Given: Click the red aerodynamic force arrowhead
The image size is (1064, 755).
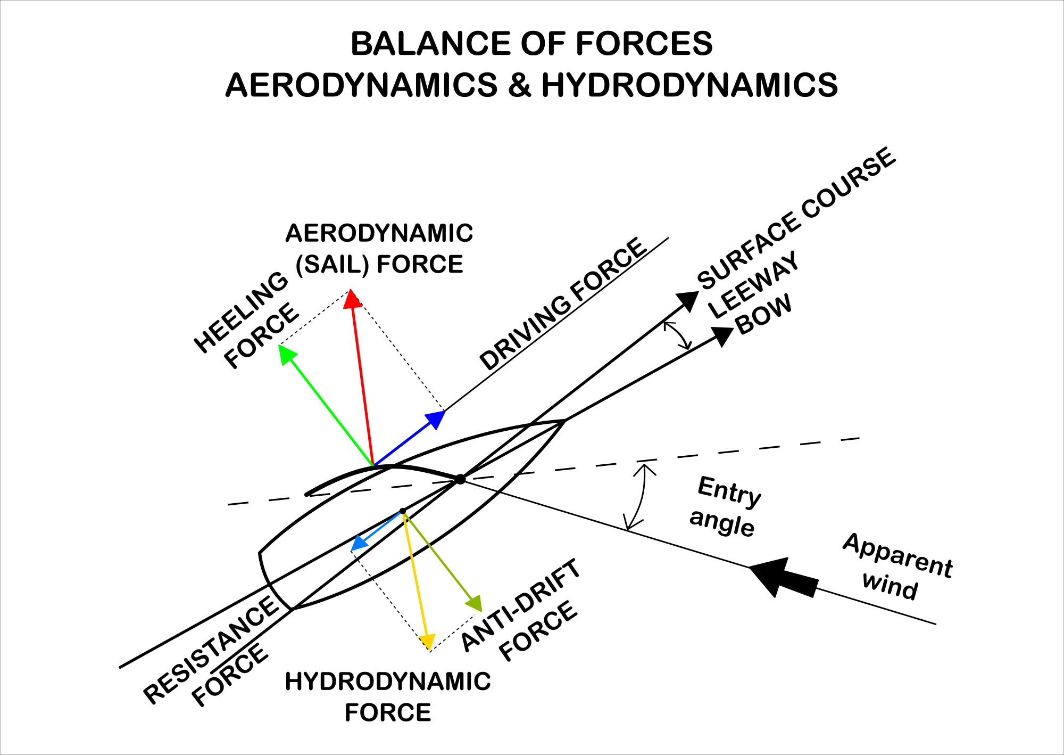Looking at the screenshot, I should [x=352, y=299].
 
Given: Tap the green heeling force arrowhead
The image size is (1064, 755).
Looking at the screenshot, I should [x=287, y=354].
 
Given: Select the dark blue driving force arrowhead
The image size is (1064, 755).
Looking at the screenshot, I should [x=437, y=418].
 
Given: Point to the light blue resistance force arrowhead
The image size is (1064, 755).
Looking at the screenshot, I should [x=359, y=544].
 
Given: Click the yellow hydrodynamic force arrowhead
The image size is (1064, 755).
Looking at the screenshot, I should [x=427, y=642].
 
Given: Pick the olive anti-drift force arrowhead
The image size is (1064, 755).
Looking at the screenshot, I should [x=475, y=604].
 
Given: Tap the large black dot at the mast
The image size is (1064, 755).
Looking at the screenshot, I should [x=460, y=479].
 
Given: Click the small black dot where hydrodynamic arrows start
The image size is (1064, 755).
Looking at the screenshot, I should [x=403, y=511].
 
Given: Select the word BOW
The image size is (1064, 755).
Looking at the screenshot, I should [x=764, y=315].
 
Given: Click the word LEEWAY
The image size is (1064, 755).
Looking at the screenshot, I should [x=754, y=284].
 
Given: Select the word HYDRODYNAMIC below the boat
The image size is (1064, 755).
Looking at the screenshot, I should [x=388, y=682].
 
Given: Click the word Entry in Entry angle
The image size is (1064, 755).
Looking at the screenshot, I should [x=729, y=491].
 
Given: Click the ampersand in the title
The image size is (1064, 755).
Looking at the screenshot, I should [x=519, y=85].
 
